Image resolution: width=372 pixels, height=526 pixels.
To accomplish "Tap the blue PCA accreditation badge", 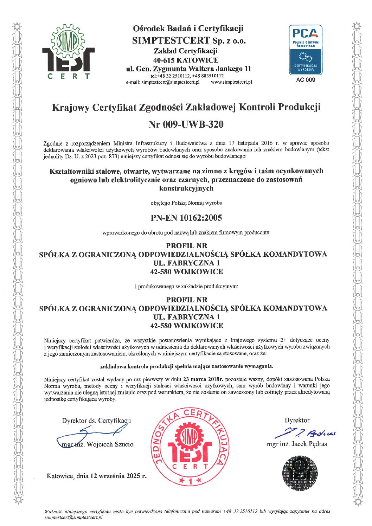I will (305, 50).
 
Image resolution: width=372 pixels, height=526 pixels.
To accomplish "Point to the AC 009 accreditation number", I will (306, 80).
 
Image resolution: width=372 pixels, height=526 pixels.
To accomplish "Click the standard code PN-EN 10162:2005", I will (186, 218).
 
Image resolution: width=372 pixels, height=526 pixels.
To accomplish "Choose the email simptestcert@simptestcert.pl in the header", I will (171, 82).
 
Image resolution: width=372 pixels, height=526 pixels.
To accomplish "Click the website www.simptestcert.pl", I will (231, 82).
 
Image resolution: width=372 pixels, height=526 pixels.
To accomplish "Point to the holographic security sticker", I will (300, 473).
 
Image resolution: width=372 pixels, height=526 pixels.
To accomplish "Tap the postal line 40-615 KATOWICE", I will (186, 60).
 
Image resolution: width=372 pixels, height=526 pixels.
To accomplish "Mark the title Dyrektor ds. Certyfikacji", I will (96, 420).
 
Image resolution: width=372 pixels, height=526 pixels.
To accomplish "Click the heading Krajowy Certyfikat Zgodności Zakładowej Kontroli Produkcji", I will (186, 107).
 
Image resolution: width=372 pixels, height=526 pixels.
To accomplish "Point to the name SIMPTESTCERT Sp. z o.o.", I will (189, 40).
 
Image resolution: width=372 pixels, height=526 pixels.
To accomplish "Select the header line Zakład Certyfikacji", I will (186, 51).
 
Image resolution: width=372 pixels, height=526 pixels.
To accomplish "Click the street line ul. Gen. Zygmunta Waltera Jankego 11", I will (188, 69).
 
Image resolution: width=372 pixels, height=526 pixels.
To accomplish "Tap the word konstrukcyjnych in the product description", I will (186, 188).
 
